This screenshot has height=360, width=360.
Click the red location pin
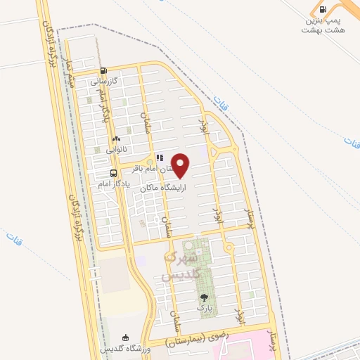click(181, 166)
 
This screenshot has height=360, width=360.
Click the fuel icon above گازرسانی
click(104, 70)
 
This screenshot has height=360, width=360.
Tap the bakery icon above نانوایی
click(116, 139)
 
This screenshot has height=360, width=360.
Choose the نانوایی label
click(116, 150)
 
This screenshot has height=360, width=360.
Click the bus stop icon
click(114, 173)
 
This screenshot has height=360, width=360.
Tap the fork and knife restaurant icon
click(159, 158)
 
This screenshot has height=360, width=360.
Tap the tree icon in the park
click(204, 297)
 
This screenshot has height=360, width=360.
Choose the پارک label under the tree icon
click(204, 308)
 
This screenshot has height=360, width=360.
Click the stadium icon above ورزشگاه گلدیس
click(126, 338)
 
